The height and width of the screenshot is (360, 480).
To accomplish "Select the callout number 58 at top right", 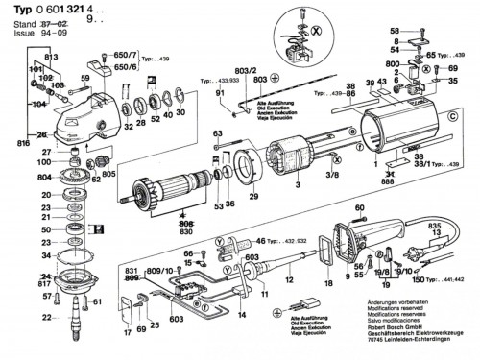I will coord(394,33).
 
